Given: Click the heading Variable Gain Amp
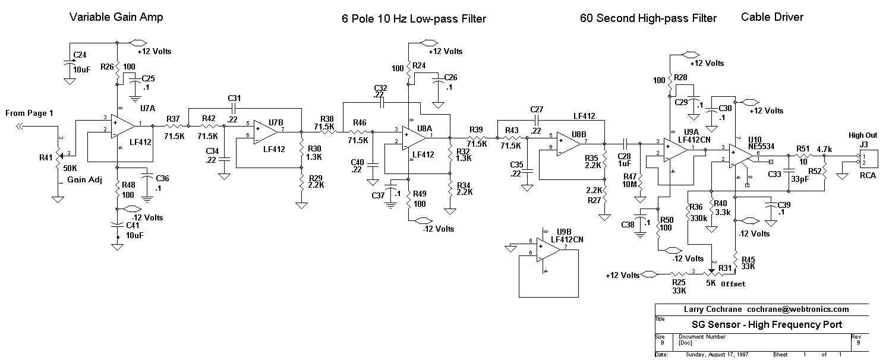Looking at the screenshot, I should pyautogui.click(x=116, y=17).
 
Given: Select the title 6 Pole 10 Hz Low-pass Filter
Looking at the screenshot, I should pyautogui.click(x=414, y=19).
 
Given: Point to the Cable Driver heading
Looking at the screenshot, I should pyautogui.click(x=772, y=17).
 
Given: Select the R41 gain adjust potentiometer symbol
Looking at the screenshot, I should pyautogui.click(x=58, y=157).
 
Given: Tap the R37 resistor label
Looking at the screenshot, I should pyautogui.click(x=174, y=119).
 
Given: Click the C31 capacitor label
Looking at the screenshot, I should pyautogui.click(x=234, y=98).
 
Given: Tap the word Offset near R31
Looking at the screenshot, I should pyautogui.click(x=733, y=284).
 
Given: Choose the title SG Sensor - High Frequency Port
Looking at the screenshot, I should pyautogui.click(x=767, y=324).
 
